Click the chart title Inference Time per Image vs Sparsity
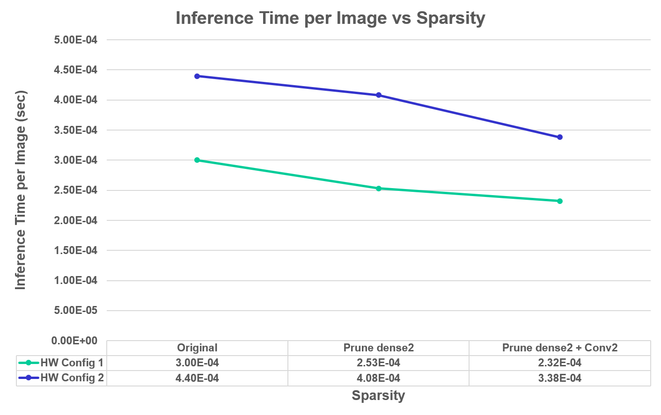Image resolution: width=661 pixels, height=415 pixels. coord(330,18)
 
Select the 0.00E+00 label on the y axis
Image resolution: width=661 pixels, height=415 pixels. coord(74,341)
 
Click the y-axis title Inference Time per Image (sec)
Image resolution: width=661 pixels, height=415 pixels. coord(20,189)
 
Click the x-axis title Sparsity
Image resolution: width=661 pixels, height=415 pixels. coord(378,395)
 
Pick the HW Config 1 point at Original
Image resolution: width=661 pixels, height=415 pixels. coord(197,160)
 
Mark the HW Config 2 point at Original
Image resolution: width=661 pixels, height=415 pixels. coord(197,76)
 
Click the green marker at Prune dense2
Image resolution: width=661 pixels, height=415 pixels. coord(379,189)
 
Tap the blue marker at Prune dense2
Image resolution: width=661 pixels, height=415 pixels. coord(379,95)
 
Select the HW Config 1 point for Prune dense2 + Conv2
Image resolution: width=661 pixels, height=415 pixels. coord(560,201)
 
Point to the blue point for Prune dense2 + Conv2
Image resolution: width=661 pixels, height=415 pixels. coord(560,137)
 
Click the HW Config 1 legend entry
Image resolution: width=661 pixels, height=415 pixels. coord(61,363)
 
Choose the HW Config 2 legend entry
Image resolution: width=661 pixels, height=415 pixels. coord(61,378)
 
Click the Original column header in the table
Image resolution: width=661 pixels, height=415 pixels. coord(197,348)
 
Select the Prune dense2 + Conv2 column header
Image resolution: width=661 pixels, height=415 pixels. coord(560,348)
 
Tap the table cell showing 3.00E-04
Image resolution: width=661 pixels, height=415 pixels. coord(197,363)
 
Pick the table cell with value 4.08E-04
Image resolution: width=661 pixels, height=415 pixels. coord(378,378)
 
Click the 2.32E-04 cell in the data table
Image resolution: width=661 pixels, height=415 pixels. coord(560,363)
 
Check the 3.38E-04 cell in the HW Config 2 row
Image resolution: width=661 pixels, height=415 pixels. coord(560,378)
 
